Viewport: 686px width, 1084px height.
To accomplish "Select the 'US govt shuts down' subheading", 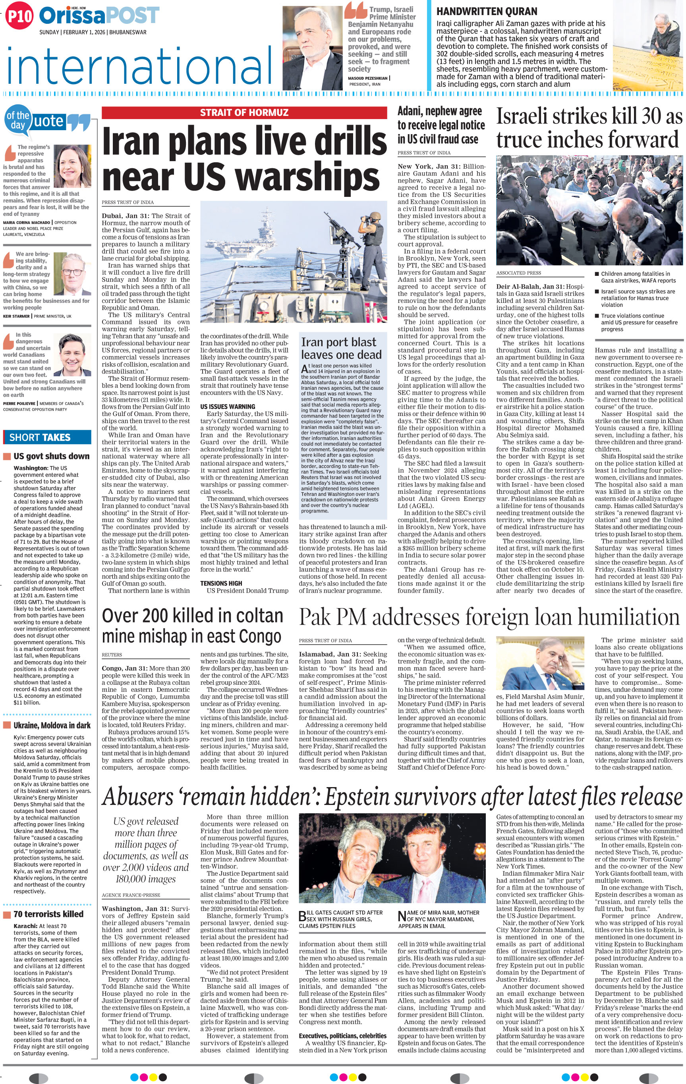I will click(x=51, y=456).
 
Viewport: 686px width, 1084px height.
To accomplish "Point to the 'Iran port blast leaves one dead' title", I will click(x=341, y=348).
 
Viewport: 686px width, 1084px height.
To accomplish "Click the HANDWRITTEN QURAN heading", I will click(x=487, y=12).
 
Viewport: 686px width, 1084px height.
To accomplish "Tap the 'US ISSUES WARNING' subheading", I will click(x=228, y=406).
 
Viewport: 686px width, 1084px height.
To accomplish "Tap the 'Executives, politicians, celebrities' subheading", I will click(x=342, y=1036).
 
